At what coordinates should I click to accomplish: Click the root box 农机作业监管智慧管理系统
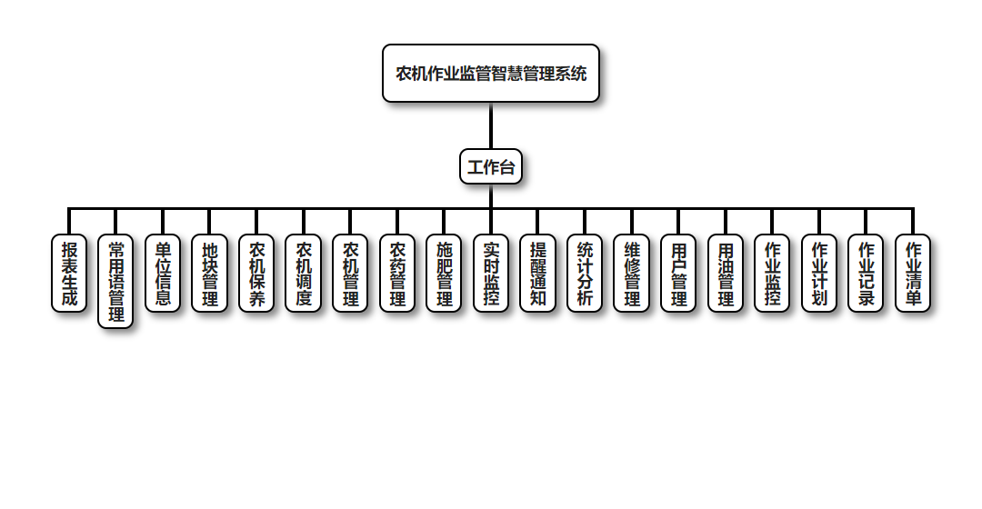tap(491, 74)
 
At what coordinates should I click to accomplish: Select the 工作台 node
tap(491, 166)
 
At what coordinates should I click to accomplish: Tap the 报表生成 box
tap(69, 274)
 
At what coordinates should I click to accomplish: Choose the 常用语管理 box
tap(115, 282)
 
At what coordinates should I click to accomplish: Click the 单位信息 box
tap(163, 274)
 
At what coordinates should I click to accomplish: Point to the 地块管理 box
tap(210, 274)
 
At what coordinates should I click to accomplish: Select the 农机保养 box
tap(256, 274)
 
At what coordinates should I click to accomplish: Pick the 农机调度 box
tap(304, 274)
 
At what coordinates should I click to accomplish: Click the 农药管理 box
tap(397, 274)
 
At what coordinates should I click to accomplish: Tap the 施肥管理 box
tap(444, 274)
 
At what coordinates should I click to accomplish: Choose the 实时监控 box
tap(491, 274)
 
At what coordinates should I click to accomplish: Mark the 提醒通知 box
tap(537, 274)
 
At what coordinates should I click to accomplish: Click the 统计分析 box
tap(585, 274)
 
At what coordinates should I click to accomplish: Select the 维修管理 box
tap(631, 274)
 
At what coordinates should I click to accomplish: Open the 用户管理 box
tap(678, 274)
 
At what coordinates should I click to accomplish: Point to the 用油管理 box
tap(726, 274)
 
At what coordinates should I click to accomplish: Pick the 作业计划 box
tap(819, 274)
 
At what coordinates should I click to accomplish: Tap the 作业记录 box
tap(866, 274)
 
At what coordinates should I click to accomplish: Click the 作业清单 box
tap(913, 274)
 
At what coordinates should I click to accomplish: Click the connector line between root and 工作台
tap(491, 125)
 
